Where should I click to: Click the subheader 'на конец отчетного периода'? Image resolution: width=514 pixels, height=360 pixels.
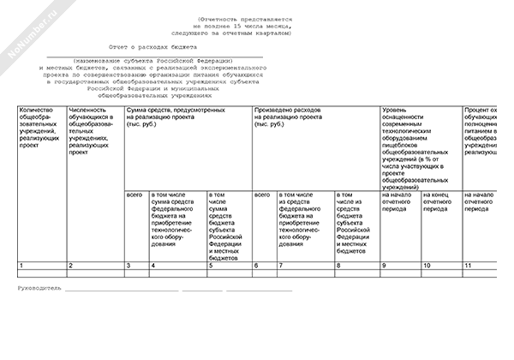point(441,202)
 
